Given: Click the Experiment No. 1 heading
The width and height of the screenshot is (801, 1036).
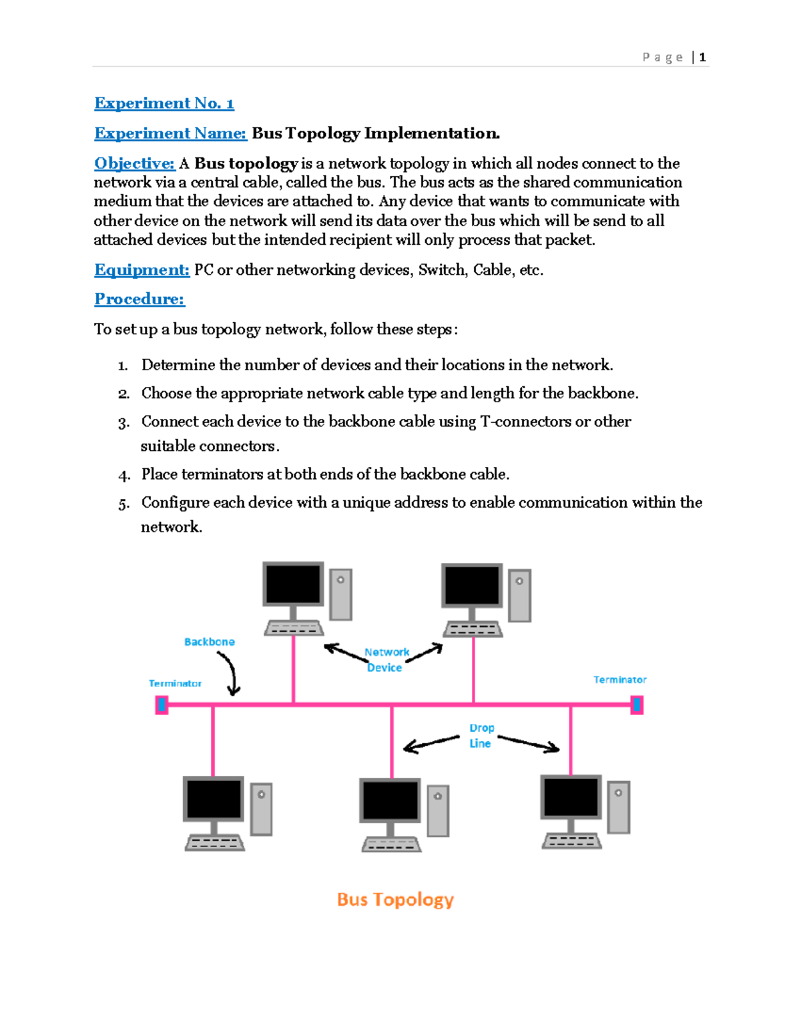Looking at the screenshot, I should click(164, 103).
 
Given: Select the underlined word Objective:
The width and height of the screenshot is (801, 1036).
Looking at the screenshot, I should click(134, 163).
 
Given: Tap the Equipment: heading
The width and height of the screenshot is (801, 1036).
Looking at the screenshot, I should click(142, 270).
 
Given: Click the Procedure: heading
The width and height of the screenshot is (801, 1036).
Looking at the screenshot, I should click(140, 299).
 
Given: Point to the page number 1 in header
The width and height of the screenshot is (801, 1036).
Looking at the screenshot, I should click(702, 57).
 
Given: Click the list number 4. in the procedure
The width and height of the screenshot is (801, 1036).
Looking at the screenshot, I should click(124, 476).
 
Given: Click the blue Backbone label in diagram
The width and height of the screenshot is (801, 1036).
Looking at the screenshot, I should click(209, 642).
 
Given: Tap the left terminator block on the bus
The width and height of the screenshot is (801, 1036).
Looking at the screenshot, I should click(162, 704).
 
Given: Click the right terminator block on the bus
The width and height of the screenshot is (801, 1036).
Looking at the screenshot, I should click(637, 704).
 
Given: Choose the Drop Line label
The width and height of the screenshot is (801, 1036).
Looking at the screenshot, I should click(481, 736).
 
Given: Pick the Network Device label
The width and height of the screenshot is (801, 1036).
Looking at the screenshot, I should click(386, 660).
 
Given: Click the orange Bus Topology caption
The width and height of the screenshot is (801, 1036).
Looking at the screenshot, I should click(395, 899).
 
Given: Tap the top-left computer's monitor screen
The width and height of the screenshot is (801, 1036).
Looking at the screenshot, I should click(293, 584).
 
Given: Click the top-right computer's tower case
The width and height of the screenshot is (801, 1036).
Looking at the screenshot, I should click(519, 595).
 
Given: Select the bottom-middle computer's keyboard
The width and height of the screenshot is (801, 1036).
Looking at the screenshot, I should click(391, 845).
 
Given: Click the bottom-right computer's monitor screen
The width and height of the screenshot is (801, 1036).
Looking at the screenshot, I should click(571, 797).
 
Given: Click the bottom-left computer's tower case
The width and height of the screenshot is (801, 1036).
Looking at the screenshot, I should click(261, 809).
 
